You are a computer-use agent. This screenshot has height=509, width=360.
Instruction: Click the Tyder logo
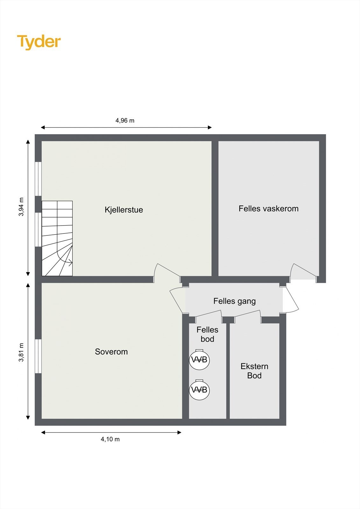coord(39,42)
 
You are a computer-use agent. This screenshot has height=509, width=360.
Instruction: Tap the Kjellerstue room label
coord(124,210)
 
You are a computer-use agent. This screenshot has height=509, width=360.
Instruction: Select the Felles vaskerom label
coord(268,209)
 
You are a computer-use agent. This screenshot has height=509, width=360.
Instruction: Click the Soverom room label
coord(111,352)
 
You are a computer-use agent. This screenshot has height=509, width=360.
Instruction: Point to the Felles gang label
coord(234,301)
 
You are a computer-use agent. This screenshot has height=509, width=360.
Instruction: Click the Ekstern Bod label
coord(254,371)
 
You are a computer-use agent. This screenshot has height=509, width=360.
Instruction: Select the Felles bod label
coord(207,334)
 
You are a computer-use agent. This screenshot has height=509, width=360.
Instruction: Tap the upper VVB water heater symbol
coord(199,360)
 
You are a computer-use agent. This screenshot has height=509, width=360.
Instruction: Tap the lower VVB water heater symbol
coord(199,390)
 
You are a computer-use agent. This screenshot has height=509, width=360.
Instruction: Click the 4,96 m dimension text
coord(125,121)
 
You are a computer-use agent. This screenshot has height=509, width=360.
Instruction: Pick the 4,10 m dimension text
coord(110,439)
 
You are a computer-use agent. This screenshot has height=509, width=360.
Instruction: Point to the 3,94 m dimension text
coord(21,207)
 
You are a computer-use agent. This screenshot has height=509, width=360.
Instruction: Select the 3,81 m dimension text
coord(21,352)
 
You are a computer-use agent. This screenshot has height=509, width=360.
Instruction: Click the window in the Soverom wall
coord(38,356)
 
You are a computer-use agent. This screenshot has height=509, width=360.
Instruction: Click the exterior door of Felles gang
coord(291,298)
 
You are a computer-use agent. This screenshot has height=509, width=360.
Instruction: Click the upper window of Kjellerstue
coord(38,179)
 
